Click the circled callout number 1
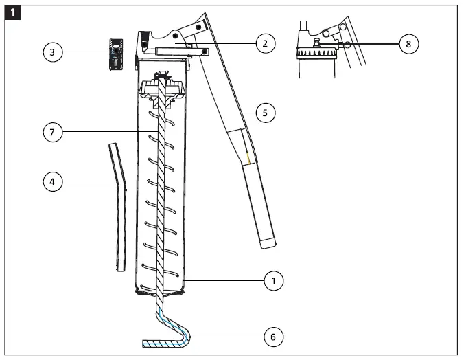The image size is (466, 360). [273, 280]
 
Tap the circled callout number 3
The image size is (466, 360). [53, 52]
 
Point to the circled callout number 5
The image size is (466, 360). [266, 112]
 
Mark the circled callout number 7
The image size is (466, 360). [53, 132]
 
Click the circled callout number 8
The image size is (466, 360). [409, 43]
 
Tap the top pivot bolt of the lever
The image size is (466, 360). [200, 26]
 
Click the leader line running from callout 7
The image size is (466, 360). [110, 132]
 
